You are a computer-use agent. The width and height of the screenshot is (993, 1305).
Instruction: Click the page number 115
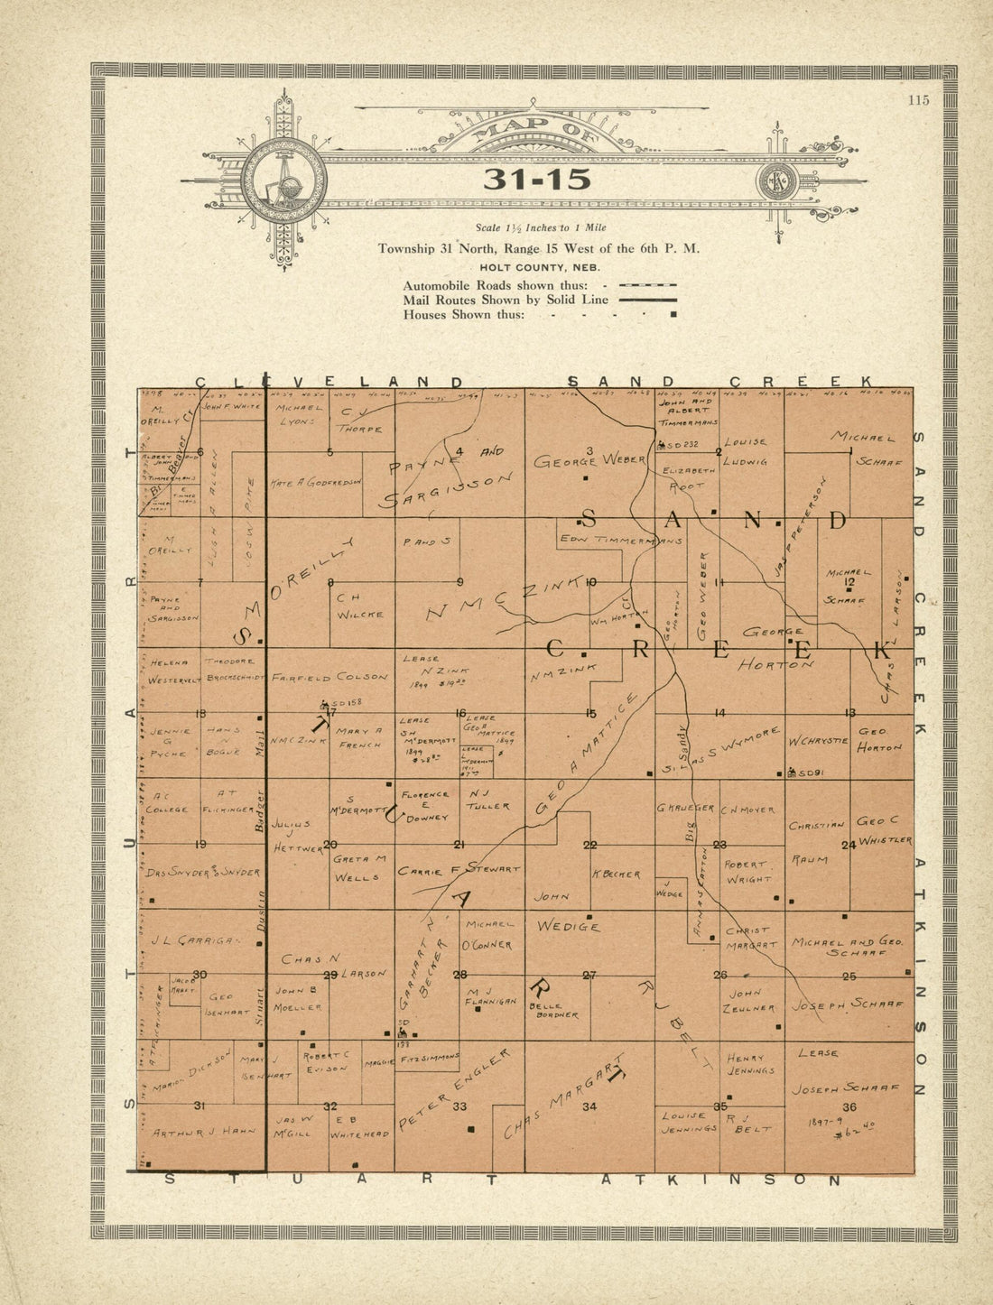click(919, 100)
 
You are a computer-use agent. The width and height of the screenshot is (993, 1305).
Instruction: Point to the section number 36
click(848, 1106)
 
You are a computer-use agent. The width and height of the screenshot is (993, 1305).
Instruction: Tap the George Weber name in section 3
click(589, 461)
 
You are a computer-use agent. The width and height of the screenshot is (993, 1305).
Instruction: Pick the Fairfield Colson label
click(329, 676)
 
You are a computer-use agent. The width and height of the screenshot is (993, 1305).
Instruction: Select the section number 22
click(589, 845)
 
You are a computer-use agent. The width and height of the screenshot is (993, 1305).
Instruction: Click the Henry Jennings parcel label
click(751, 1064)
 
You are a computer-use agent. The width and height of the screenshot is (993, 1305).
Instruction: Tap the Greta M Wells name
click(360, 867)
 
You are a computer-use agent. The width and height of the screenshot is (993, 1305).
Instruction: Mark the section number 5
click(330, 452)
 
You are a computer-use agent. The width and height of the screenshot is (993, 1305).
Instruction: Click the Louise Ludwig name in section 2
click(745, 452)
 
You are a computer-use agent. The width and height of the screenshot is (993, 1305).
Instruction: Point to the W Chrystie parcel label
click(817, 742)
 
